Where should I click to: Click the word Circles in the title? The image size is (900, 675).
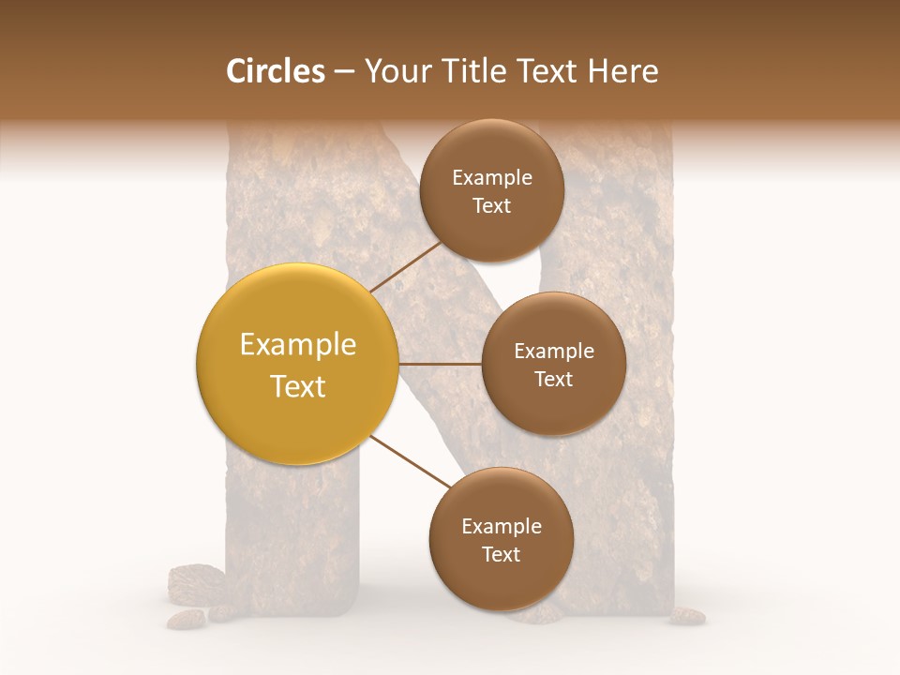(275, 71)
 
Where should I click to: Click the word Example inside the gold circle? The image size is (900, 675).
(297, 345)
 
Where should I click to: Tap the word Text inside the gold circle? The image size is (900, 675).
(297, 386)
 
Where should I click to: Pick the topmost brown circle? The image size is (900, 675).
(491, 190)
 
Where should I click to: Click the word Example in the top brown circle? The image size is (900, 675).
(491, 178)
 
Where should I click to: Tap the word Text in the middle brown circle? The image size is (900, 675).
(553, 379)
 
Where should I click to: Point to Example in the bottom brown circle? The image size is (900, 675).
(501, 526)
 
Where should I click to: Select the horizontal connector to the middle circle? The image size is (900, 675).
(440, 364)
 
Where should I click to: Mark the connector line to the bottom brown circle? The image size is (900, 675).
(411, 462)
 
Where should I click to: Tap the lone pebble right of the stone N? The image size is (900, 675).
(688, 615)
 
